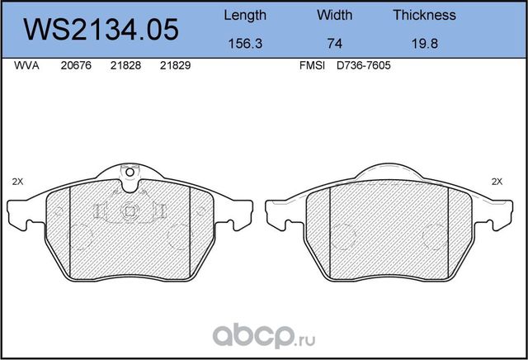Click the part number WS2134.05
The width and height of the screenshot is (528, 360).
pos(101,30)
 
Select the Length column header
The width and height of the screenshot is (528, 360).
pos(245,15)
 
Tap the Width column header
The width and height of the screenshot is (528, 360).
pos(334,15)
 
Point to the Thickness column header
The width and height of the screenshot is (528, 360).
pos(424,15)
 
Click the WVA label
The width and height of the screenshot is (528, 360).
pos(29,68)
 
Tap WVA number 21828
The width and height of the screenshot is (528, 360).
pos(125,68)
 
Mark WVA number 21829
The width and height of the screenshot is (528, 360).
pos(174,68)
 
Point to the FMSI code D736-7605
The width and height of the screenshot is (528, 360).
pos(362,68)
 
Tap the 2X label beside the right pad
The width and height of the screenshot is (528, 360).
pos(497,181)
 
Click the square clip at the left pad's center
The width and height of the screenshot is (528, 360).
pos(129,211)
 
